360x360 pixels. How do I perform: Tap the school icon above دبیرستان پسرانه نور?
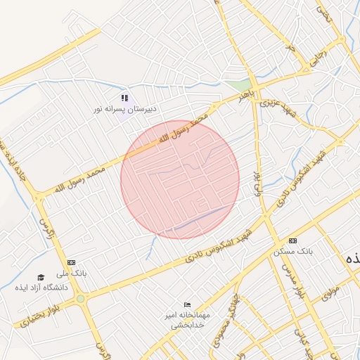tap(124, 98)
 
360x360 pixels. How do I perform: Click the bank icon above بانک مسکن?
tap(292, 241)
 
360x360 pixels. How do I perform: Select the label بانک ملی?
tap(72, 273)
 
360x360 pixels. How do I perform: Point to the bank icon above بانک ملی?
tap(72, 262)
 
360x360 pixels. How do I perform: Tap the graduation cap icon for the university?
tap(41, 277)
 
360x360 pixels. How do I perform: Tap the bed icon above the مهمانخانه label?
tap(186, 304)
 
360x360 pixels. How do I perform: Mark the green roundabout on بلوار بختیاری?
tap(81, 299)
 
